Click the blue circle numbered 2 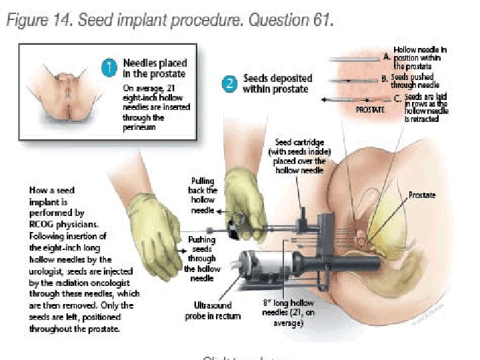pos(230,84)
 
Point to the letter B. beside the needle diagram pos(385,79)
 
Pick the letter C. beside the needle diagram pos(398,97)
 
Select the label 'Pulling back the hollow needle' pos(202,195)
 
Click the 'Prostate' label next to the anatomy pos(422,195)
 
